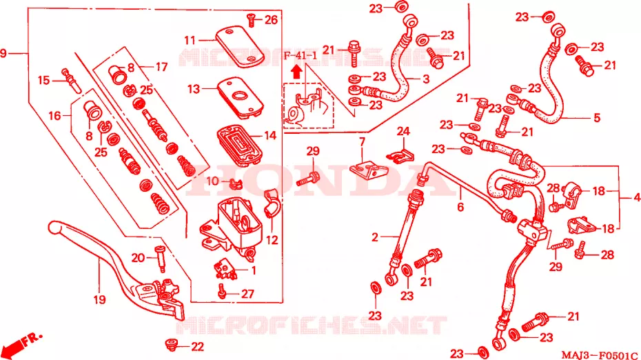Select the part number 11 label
[x=190, y=41]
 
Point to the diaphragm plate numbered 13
[x=240, y=98]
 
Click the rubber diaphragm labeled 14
[x=240, y=145]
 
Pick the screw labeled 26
[x=251, y=19]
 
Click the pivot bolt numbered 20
[x=160, y=259]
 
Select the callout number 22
[x=197, y=347]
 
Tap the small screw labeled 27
[x=222, y=291]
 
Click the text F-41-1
[x=301, y=56]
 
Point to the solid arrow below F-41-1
[x=297, y=72]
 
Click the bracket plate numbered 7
[x=367, y=169]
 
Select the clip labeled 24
[x=400, y=156]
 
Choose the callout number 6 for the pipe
[x=460, y=207]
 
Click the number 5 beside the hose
[x=597, y=118]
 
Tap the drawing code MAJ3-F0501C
[x=600, y=354]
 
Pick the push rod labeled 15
[x=72, y=81]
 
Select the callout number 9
[x=3, y=53]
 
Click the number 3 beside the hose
[x=426, y=79]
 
